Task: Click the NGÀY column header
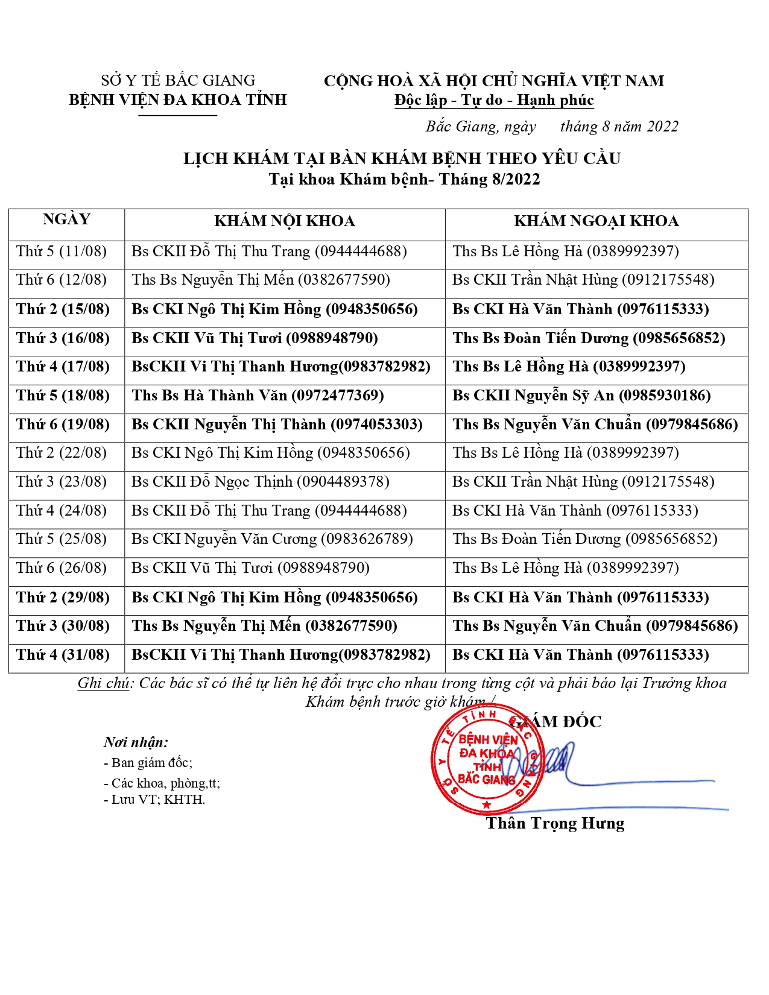[x=66, y=220]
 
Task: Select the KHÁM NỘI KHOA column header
[x=284, y=221]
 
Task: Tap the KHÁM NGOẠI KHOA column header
[x=596, y=221]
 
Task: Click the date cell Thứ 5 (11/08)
[x=62, y=251]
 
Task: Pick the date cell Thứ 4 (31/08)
[x=63, y=655]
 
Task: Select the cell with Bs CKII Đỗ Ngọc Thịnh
[x=260, y=482]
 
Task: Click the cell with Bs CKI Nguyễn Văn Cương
[x=272, y=539]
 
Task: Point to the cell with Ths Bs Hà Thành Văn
[x=258, y=396]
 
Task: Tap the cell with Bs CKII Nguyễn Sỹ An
[x=581, y=396]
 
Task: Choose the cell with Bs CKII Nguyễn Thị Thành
[x=277, y=425]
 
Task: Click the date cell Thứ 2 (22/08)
[x=62, y=453]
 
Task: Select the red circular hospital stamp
[x=487, y=760]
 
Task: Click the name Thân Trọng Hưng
[x=555, y=824]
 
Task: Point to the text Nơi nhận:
[x=136, y=742]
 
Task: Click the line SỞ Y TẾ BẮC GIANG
[x=178, y=81]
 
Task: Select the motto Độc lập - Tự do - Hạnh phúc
[x=494, y=100]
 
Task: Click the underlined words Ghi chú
[x=103, y=683]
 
